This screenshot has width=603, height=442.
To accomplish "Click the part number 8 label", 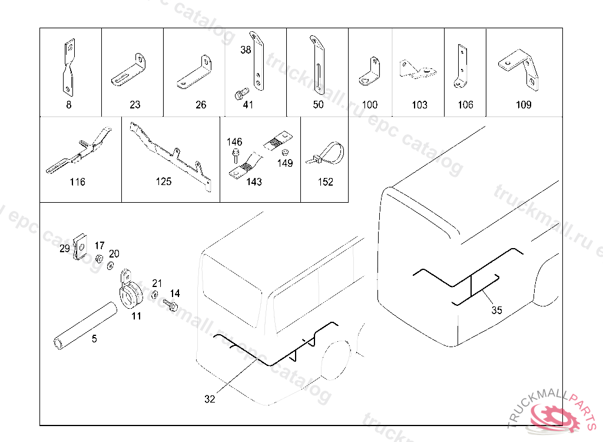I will [x=69, y=105].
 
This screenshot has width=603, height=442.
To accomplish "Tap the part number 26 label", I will [x=201, y=105].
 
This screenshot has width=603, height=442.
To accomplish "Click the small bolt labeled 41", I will [x=240, y=93].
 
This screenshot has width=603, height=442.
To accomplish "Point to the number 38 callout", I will [x=246, y=50].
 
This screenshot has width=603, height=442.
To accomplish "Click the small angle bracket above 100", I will [x=369, y=72].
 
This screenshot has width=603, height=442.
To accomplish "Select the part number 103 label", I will [x=419, y=105].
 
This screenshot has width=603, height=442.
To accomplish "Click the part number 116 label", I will [x=77, y=182].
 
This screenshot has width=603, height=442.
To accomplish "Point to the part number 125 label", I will [x=164, y=182].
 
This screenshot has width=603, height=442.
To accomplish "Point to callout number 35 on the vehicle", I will [x=496, y=310].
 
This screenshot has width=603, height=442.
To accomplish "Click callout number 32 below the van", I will [x=210, y=399].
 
